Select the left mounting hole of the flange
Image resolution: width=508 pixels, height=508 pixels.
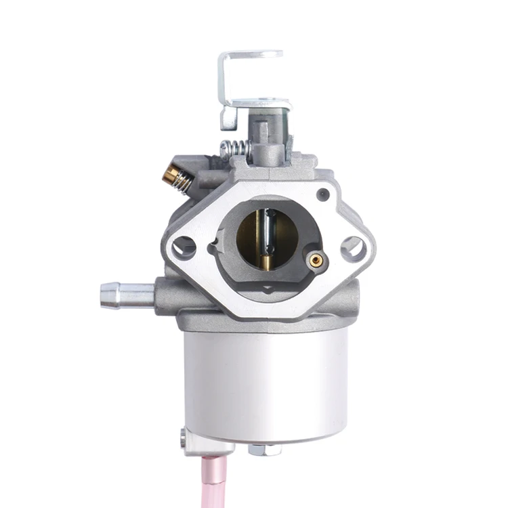[x=183, y=247]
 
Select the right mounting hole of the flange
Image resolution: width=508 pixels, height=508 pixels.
[x=353, y=249]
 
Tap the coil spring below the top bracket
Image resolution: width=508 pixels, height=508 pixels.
[x=234, y=148]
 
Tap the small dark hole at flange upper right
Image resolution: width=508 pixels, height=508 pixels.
[x=324, y=195]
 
